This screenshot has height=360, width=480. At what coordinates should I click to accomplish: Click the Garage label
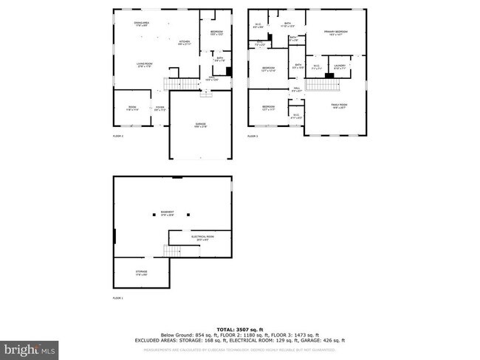(x=200, y=125)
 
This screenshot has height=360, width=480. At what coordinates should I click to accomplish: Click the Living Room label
(x=143, y=66)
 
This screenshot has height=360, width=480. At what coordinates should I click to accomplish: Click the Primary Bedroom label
(x=336, y=32)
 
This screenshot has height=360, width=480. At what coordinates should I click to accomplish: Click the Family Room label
(x=338, y=106)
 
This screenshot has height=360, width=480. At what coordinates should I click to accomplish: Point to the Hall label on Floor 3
(x=296, y=89)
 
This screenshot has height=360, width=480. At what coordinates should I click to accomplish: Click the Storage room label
(x=141, y=274)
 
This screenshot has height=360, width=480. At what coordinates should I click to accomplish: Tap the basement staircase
(x=173, y=252)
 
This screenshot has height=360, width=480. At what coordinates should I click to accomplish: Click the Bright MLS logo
(x=30, y=347)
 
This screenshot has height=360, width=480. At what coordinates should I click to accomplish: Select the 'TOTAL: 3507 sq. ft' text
(x=241, y=328)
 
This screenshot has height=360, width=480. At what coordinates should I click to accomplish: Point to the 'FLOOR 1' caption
(x=117, y=299)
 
